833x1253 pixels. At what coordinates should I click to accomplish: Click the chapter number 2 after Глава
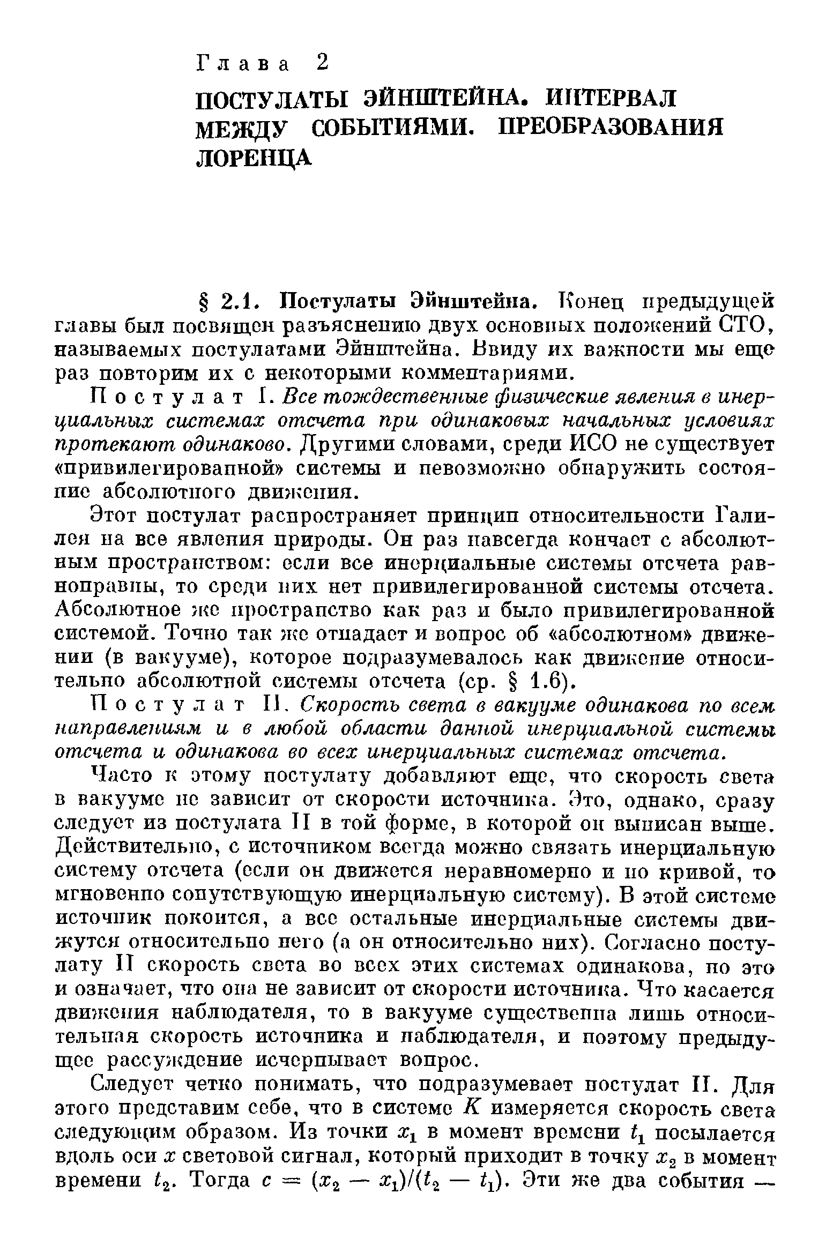[321, 63]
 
